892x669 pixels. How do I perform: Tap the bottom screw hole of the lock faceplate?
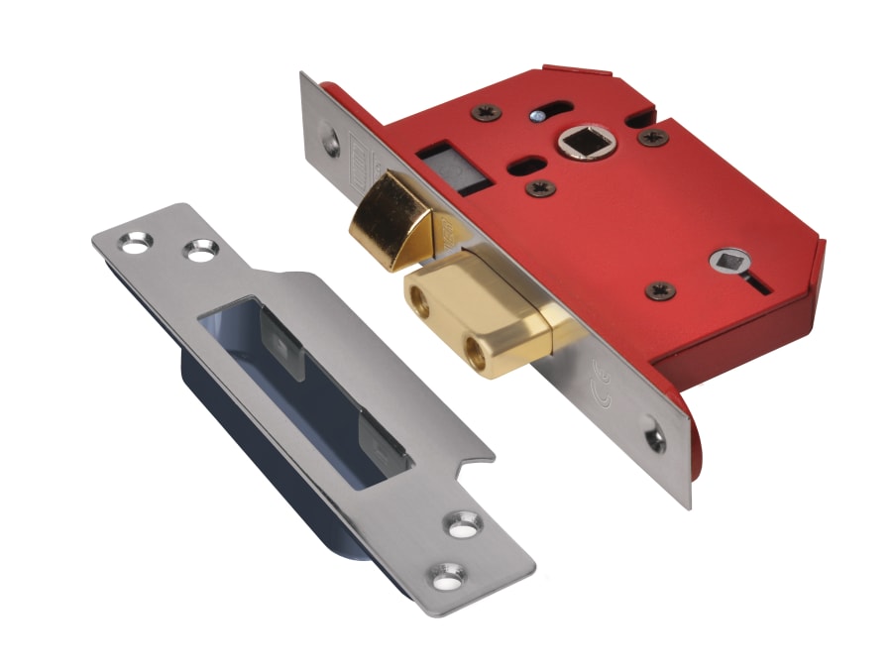(x=655, y=436)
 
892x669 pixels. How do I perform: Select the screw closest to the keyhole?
(x=659, y=290)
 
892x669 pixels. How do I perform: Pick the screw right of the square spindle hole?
(x=651, y=137)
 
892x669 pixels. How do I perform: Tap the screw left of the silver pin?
(x=489, y=112)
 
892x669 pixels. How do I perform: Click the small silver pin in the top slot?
(x=536, y=116)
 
